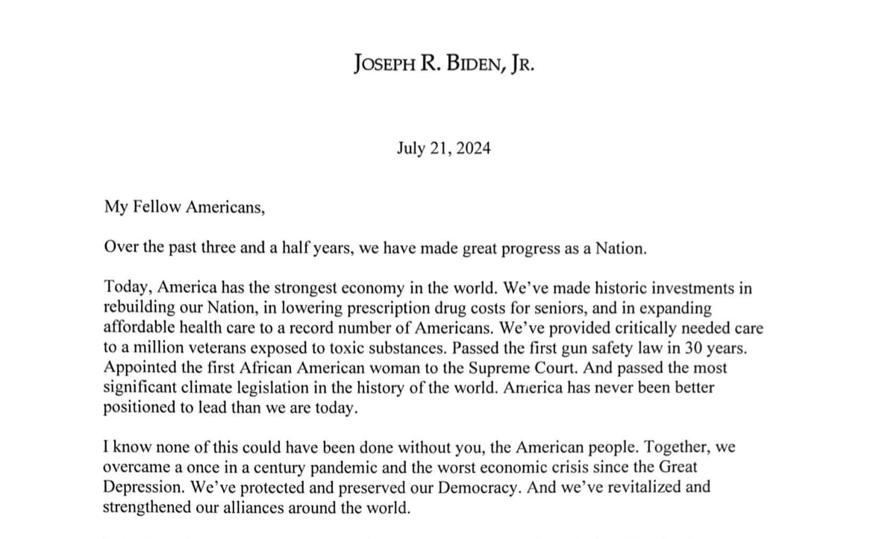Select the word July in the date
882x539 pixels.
412,148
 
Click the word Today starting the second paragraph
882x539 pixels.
125,287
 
